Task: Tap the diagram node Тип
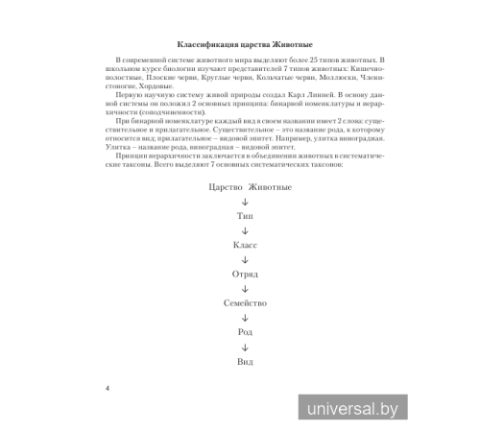pyautogui.click(x=245, y=219)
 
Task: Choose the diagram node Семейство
pyautogui.click(x=245, y=302)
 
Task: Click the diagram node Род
pyautogui.click(x=245, y=331)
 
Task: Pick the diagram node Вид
pyautogui.click(x=245, y=360)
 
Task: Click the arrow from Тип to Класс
pyautogui.click(x=245, y=231)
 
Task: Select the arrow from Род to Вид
pyautogui.click(x=245, y=346)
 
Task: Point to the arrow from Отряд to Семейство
pyautogui.click(x=245, y=288)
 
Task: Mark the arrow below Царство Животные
pyautogui.click(x=245, y=204)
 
